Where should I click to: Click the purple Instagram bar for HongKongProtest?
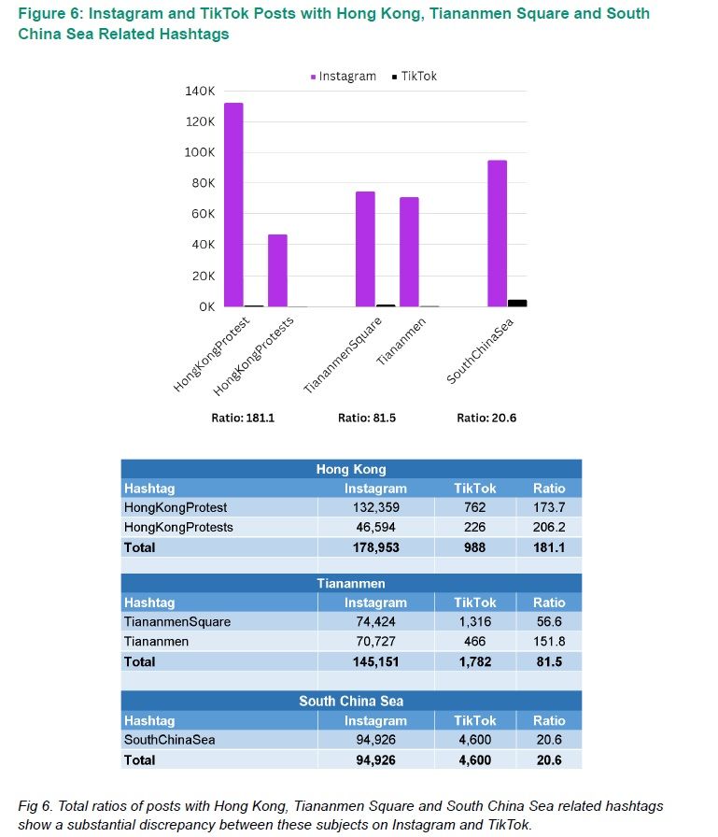[x=233, y=205]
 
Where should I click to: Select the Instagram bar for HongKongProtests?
[x=277, y=270]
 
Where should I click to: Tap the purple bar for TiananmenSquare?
[x=365, y=248]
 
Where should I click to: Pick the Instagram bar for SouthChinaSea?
[x=497, y=234]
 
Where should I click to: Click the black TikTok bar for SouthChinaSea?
[x=517, y=303]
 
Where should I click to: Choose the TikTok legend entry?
[x=414, y=77]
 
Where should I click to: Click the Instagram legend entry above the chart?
[x=343, y=77]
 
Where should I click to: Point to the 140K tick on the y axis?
[x=201, y=91]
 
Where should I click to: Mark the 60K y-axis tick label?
[x=204, y=214]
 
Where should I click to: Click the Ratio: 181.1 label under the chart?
[x=243, y=418]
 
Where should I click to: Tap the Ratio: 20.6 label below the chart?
[x=486, y=418]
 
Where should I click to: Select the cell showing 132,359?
[x=376, y=507]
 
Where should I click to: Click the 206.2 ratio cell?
[x=549, y=527]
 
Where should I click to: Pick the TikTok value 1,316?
[x=474, y=621]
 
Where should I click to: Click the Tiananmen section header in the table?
[x=351, y=583]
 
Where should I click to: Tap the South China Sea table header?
[x=351, y=701]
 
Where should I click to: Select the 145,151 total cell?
[x=376, y=661]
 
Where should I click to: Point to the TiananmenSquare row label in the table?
[x=177, y=621]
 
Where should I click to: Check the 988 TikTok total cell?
[x=474, y=547]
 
